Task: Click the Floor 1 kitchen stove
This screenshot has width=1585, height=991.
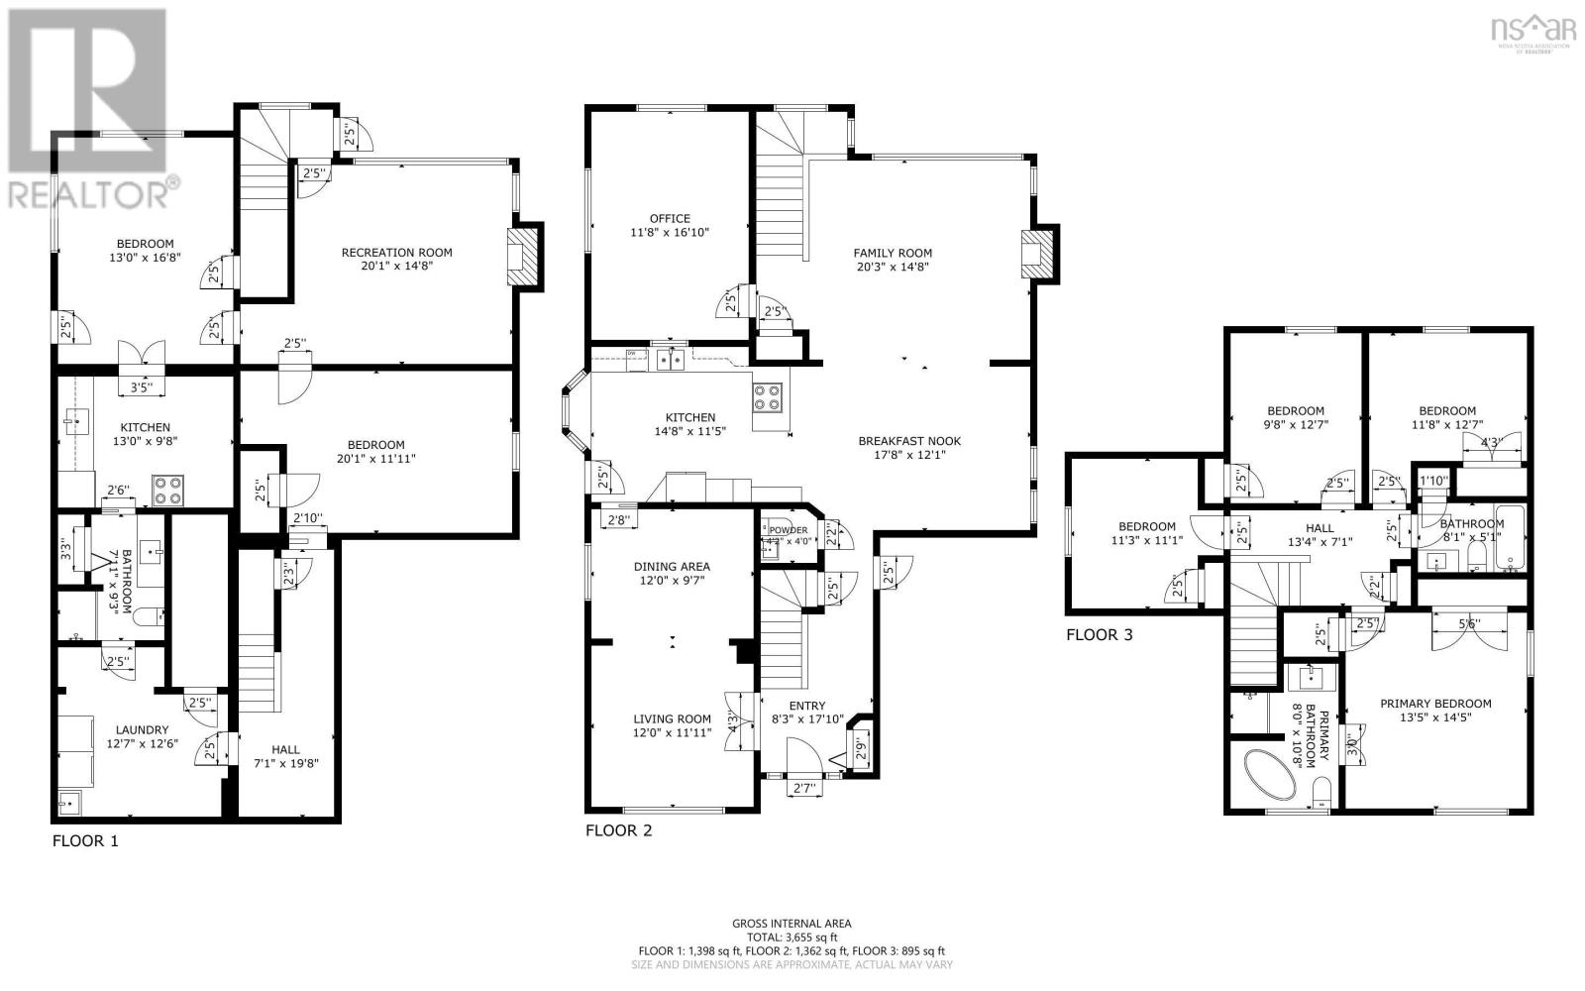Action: (x=167, y=490)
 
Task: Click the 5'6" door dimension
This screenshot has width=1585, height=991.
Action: (x=1470, y=624)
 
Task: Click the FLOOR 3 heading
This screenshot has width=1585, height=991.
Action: (x=1099, y=635)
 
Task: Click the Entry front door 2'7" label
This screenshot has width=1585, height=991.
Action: (x=803, y=789)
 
